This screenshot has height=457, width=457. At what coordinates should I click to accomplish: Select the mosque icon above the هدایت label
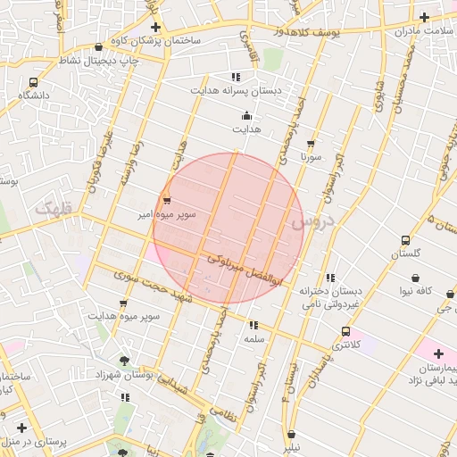coord(247,115)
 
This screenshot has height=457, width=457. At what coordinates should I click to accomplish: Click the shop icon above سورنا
coord(311,142)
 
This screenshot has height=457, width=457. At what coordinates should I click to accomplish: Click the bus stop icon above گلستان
coord(406,240)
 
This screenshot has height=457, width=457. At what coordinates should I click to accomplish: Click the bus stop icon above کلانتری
coord(346,331)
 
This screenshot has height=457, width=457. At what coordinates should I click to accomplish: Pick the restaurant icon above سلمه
coord(253,326)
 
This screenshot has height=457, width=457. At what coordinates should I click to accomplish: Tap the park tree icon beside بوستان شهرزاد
coord(124,361)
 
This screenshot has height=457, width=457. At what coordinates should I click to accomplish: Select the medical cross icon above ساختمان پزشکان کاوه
coord(156,27)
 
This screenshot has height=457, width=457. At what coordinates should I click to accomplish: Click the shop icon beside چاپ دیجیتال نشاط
coord(98,47)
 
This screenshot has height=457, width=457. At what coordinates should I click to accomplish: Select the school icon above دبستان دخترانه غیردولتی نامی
coord(331,278)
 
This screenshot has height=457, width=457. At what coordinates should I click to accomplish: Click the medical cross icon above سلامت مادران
coord(424,17)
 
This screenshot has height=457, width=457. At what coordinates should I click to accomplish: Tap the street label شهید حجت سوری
coord(147,286)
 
